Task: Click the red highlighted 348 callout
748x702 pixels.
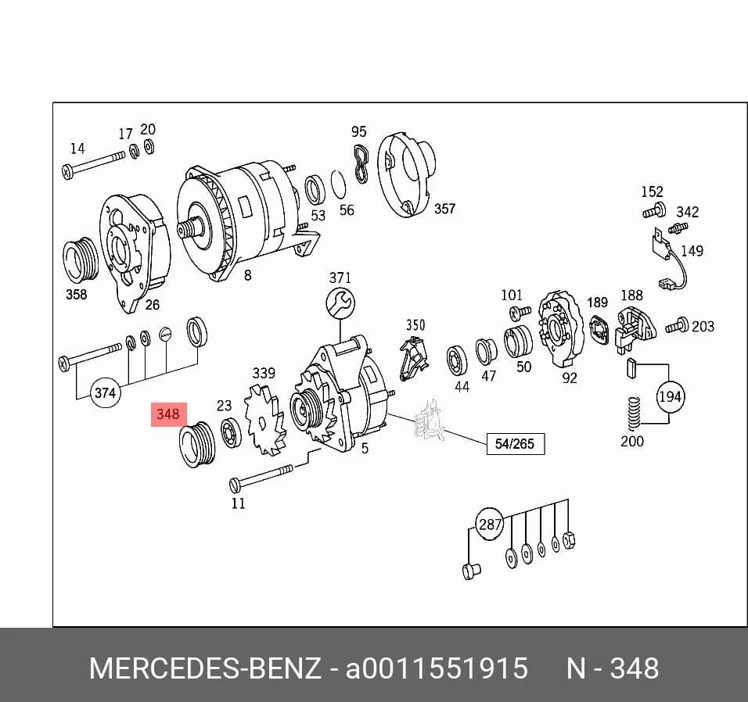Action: (168, 414)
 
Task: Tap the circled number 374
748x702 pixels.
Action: (106, 392)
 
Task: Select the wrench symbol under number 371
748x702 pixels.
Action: (340, 303)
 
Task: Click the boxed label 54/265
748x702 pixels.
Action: (515, 444)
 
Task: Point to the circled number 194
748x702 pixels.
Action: (670, 396)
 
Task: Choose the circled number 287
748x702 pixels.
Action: (490, 524)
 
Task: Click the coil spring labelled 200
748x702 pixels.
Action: (633, 414)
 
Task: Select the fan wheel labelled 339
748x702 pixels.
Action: (264, 419)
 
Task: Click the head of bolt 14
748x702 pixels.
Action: (68, 171)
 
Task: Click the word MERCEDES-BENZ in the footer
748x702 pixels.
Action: (205, 668)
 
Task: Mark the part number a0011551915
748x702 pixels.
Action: (437, 668)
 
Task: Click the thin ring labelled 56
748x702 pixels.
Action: (338, 185)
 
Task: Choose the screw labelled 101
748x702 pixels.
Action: (520, 313)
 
